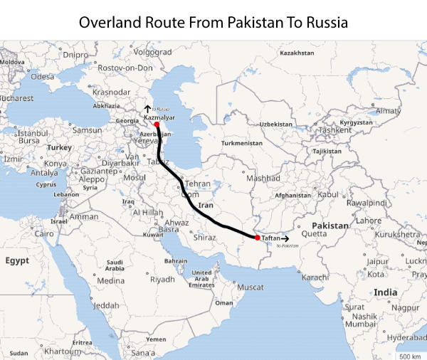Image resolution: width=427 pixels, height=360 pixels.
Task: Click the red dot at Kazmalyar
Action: click(x=157, y=124)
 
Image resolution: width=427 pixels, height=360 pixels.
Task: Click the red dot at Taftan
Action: click(x=257, y=238)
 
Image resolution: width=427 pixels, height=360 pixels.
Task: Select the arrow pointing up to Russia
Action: click(x=147, y=108)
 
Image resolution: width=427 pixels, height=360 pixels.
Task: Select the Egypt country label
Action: click(x=17, y=260)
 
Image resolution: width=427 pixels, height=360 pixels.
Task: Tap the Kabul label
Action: click(x=327, y=194)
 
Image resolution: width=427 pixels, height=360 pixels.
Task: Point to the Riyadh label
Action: click(x=162, y=280)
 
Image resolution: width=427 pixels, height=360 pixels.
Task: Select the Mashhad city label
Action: click(x=263, y=178)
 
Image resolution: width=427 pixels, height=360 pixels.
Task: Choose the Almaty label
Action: click(x=389, y=111)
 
